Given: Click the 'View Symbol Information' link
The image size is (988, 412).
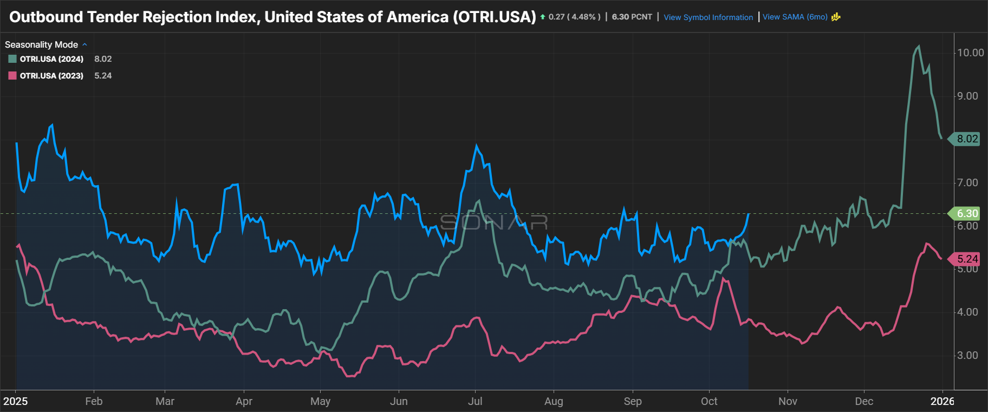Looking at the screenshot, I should tap(708, 17).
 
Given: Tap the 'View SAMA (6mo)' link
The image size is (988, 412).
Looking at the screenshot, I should tap(795, 17).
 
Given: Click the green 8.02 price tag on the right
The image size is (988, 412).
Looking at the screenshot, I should tap(967, 139).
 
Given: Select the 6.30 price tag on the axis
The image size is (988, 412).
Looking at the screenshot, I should tap(967, 213).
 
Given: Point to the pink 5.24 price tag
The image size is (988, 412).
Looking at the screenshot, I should tap(967, 259).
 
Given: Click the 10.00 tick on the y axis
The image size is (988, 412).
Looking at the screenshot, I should tap(970, 53).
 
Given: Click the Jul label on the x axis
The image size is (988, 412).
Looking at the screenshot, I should tap(475, 401).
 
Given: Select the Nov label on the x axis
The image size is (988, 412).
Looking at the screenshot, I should tap(788, 401).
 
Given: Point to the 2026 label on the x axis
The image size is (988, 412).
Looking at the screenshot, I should tap(942, 401).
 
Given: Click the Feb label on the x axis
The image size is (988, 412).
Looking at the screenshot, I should tap(94, 401).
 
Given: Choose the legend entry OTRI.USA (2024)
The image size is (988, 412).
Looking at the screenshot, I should tap(51, 59).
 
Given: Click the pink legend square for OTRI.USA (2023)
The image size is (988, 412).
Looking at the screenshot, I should tap(12, 76).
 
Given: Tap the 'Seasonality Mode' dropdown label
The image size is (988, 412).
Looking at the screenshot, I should tap(42, 44).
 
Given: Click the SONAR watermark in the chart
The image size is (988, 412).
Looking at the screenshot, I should tap(493, 222).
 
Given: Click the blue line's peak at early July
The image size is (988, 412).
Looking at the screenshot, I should tap(477, 146).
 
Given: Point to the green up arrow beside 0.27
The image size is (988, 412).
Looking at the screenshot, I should tap(543, 17).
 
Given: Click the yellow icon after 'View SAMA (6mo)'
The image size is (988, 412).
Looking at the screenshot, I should tap(836, 17).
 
